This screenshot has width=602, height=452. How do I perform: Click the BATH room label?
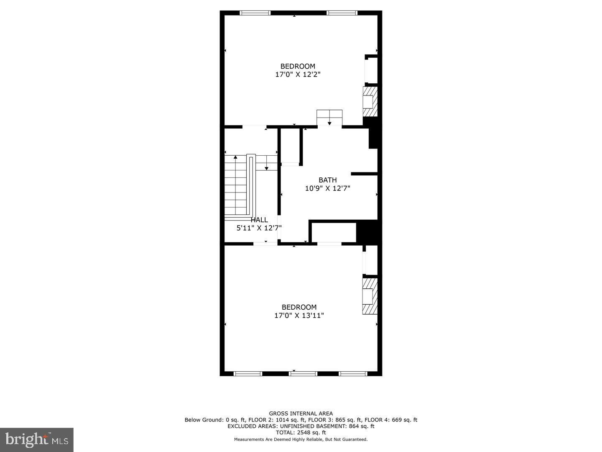tap(327, 180)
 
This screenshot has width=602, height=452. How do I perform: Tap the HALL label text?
tap(259, 220)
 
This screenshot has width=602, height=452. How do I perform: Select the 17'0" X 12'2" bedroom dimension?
tap(298, 74)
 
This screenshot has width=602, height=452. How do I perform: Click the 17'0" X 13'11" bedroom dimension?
tap(299, 316)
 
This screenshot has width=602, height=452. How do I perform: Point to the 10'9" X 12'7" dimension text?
tap(327, 188)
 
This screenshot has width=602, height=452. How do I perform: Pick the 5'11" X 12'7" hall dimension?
tap(259, 228)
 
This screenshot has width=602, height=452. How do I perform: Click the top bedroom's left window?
tap(255, 13)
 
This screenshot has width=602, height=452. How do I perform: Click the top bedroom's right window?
tap(342, 13)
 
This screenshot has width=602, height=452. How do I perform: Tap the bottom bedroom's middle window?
tap(303, 373)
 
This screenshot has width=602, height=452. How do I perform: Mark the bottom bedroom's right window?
tap(353, 373)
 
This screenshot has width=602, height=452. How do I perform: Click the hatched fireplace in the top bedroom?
tap(370, 102)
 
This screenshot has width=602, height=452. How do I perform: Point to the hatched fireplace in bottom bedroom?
tap(370, 296)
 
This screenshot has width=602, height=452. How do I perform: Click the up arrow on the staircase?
tap(236, 158)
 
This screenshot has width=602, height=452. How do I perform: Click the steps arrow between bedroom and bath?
tap(329, 122)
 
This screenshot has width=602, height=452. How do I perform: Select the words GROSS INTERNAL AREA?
tap(301, 413)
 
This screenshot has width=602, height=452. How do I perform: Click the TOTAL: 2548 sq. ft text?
tap(301, 433)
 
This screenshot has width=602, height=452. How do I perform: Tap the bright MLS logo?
tap(37, 439)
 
